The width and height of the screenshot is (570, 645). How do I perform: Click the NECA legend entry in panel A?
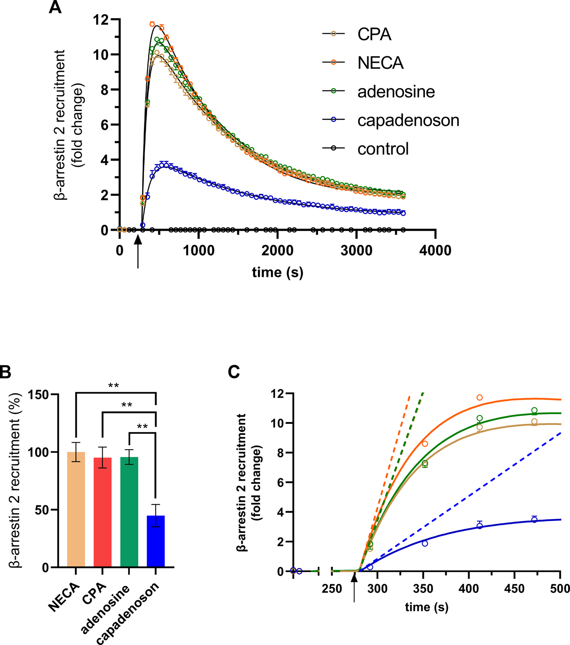380,63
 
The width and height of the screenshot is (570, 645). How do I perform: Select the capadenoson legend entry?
408,120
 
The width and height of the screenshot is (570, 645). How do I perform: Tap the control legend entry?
383,149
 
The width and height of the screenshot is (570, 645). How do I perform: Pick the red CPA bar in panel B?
102,512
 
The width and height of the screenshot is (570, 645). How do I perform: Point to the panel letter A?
55,7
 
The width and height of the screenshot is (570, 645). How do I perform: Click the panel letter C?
234,372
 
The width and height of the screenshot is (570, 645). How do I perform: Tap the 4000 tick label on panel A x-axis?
434,251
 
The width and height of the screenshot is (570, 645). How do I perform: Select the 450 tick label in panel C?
515,588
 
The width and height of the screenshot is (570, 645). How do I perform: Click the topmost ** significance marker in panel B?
113,386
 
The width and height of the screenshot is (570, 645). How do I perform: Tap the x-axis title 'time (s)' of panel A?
277,272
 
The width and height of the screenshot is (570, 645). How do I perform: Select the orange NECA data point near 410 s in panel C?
480,398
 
